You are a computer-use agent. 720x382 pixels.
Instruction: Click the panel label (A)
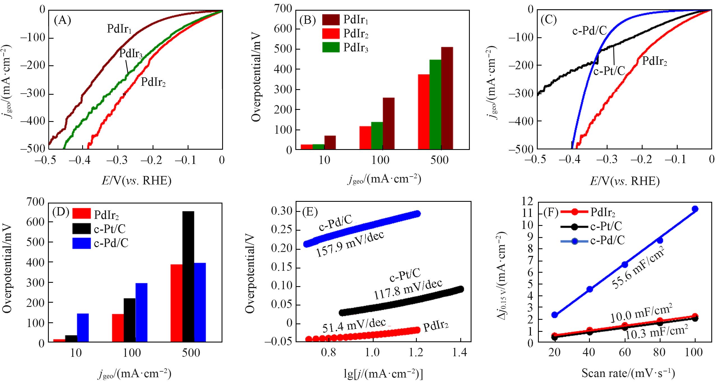tap(62, 21)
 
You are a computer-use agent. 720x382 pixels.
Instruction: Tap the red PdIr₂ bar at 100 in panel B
tap(365, 137)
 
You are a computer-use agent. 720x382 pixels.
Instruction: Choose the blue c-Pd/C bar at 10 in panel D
tap(83, 328)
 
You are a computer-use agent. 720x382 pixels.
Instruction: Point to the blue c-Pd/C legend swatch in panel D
tap(82, 243)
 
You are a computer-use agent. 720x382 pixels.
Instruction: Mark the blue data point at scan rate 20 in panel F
tap(555, 315)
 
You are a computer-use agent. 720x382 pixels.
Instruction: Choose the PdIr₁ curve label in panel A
tap(119, 29)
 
